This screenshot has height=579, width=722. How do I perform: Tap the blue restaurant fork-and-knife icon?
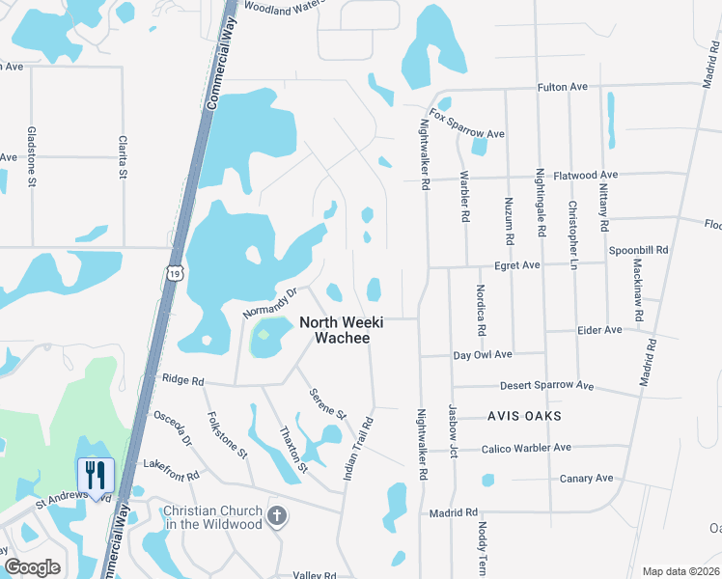tap(96, 474)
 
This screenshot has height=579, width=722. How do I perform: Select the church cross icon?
tap(277, 515)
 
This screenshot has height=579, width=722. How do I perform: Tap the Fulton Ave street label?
tap(563, 87)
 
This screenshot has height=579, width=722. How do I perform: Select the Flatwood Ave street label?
tap(576, 175)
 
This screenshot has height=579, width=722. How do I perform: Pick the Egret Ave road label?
tap(516, 264)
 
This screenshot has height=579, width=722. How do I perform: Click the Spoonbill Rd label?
tap(639, 249)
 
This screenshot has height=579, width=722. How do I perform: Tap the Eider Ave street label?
tap(598, 330)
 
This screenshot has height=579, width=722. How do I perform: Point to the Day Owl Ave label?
tap(483, 355)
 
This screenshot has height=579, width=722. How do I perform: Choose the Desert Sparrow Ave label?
tap(546, 385)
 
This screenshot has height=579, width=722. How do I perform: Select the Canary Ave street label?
tap(587, 478)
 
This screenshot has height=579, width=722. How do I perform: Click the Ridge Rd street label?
tap(183, 380)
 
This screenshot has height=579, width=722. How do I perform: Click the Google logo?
tap(33, 567)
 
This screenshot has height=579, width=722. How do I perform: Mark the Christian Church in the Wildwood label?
tap(212, 517)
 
